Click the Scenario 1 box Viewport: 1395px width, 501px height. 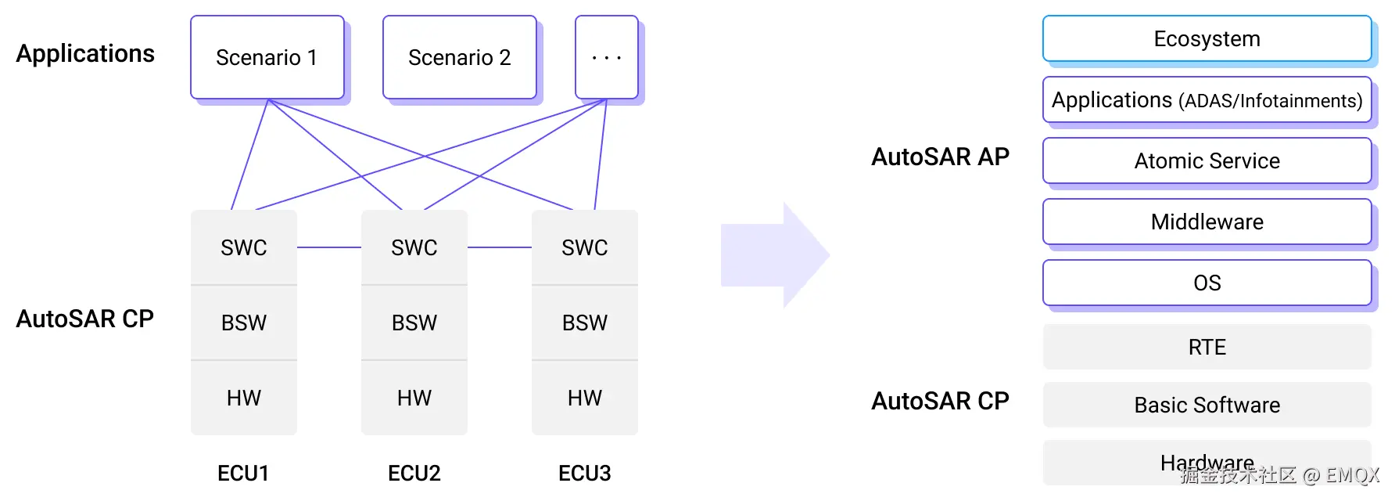tap(267, 57)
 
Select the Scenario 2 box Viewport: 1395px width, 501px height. tap(460, 57)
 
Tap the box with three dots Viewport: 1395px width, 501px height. tap(607, 57)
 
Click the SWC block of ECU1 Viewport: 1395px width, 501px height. tap(244, 247)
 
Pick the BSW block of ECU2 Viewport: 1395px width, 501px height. tap(414, 323)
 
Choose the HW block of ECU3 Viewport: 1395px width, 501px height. tap(585, 398)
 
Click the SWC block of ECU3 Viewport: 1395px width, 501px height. tap(585, 247)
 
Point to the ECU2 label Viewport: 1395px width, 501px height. tap(414, 473)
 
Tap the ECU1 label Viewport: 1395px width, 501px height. tap(243, 473)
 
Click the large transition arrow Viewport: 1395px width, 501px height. tap(775, 255)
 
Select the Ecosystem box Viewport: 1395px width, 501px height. tap(1207, 38)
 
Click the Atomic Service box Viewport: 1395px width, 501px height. tap(1207, 160)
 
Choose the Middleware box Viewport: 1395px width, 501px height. tap(1207, 222)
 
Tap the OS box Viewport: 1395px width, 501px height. tap(1207, 283)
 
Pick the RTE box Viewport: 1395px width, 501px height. tap(1207, 347)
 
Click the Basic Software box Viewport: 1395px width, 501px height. tap(1207, 405)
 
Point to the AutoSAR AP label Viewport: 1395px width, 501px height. tap(941, 157)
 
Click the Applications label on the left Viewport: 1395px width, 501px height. tap(85, 54)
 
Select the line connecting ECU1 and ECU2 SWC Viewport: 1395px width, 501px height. tap(329, 247)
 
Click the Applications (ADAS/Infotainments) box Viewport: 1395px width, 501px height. tap(1207, 99)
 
